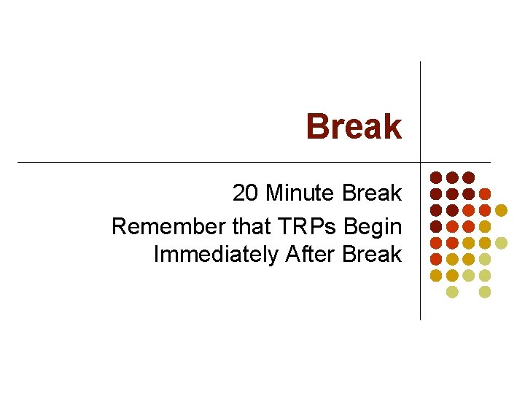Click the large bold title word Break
coord(354,126)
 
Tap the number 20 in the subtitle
coord(246,193)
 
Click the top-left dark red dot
coord(436,177)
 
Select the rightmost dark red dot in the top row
coord(468,177)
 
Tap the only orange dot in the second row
coord(484,194)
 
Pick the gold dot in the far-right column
coord(501,210)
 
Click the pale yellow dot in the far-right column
coord(501,242)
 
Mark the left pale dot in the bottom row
coord(452,292)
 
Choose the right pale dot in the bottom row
coord(484,292)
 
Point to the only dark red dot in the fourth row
coord(436,226)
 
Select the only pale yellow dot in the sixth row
coord(484,259)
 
